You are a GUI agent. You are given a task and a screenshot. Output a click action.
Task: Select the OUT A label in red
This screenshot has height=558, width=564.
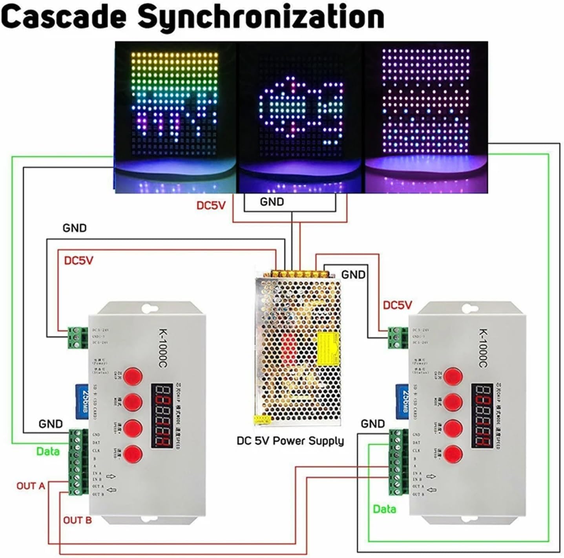click(x=31, y=486)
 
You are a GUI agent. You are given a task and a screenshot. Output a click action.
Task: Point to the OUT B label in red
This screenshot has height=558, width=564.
click(x=77, y=520)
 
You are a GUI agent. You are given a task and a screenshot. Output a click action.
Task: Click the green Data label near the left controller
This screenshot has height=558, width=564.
click(x=48, y=451)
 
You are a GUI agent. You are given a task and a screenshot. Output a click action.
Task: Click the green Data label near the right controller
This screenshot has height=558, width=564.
click(x=384, y=509)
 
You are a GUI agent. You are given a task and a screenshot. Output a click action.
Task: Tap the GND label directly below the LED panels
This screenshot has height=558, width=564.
click(x=272, y=202)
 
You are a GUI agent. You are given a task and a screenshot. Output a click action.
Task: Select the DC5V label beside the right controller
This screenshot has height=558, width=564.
click(x=397, y=305)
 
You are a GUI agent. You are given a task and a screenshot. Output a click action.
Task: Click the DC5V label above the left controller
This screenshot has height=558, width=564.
click(x=78, y=260)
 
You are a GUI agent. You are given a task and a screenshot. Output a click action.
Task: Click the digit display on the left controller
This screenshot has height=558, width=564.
click(x=161, y=416)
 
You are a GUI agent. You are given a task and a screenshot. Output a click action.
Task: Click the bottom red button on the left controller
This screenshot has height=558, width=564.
click(x=133, y=454)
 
